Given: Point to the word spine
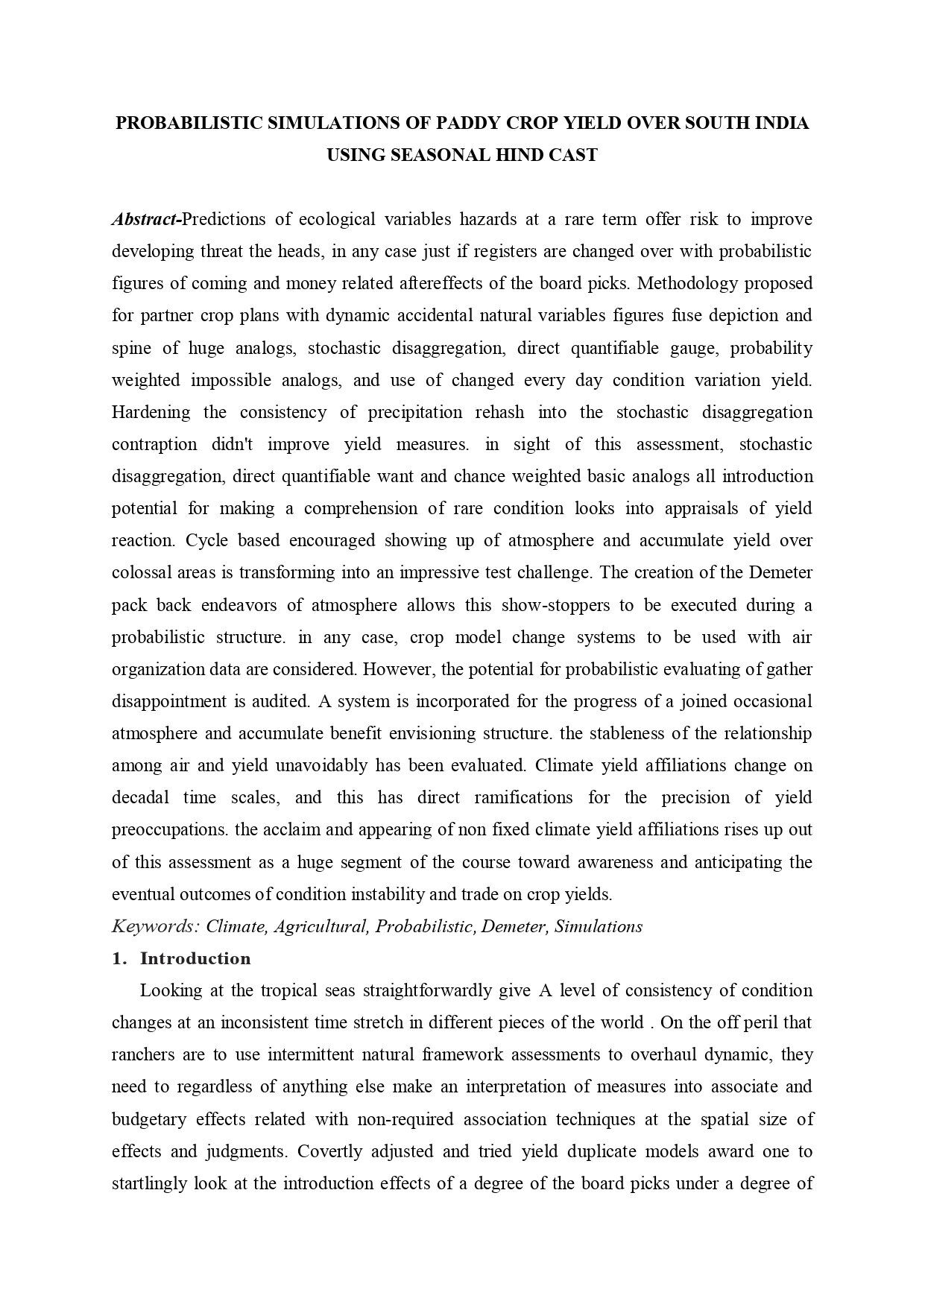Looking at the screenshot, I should tap(131, 348).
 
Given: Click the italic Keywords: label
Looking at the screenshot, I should tap(156, 926).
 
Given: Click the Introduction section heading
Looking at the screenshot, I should tap(195, 958).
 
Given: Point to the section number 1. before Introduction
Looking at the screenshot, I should tap(119, 958).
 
